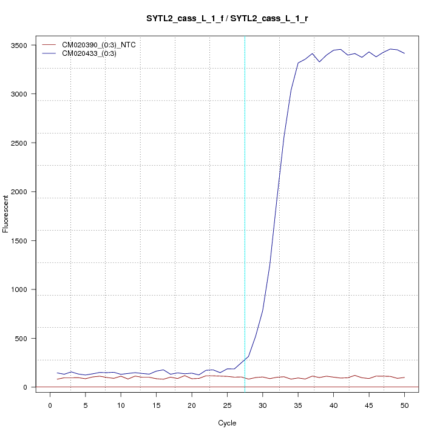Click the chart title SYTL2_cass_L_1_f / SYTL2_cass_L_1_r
click(x=226, y=18)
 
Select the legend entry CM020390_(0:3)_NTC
click(x=103, y=45)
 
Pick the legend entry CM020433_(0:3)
click(x=93, y=53)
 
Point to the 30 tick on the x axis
click(x=262, y=405)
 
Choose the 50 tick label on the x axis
click(x=404, y=405)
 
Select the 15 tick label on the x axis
click(x=156, y=405)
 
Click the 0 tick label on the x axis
click(x=50, y=405)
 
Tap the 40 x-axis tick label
click(x=333, y=405)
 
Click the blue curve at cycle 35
click(x=298, y=63)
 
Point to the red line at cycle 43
click(x=355, y=375)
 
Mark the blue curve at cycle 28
click(x=248, y=356)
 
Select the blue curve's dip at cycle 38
click(x=319, y=62)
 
